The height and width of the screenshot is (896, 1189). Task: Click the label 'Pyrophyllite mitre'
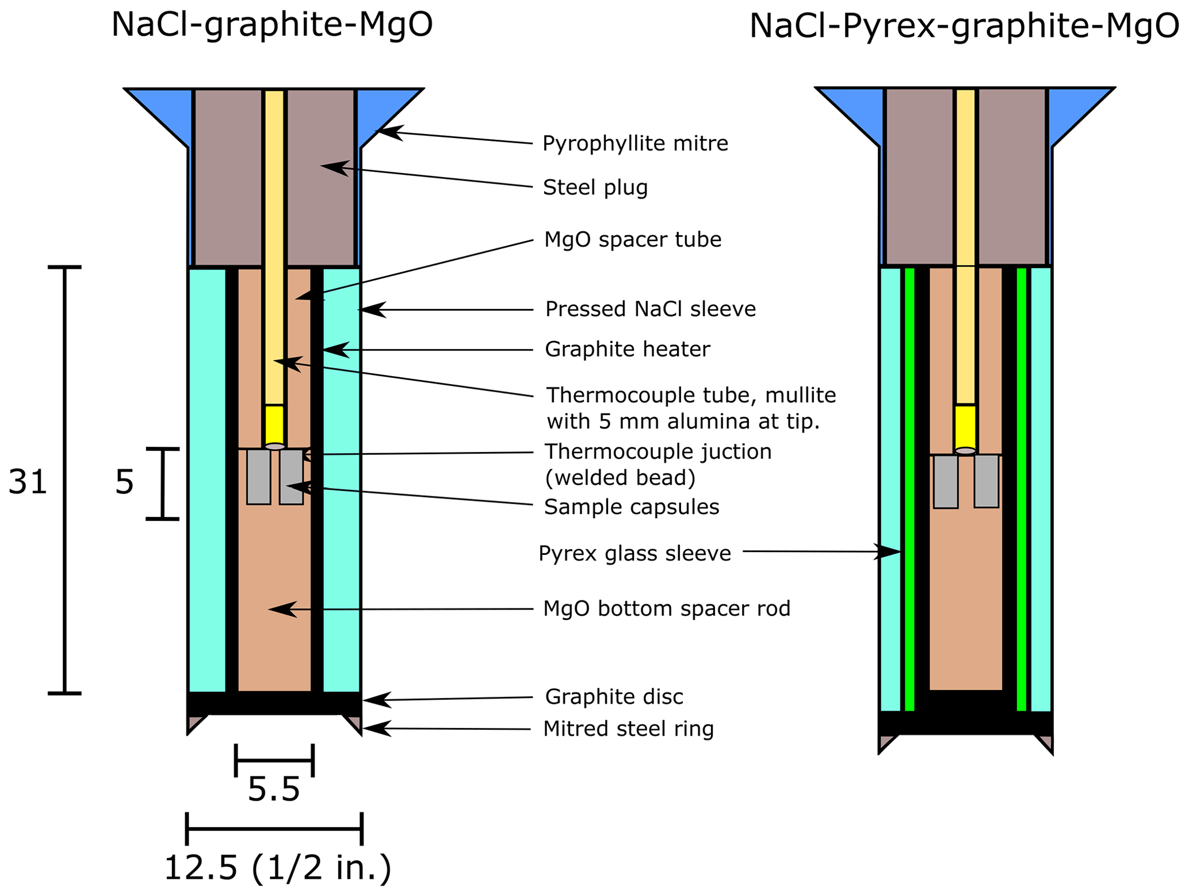click(x=634, y=143)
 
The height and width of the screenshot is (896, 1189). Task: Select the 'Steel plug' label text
click(x=595, y=187)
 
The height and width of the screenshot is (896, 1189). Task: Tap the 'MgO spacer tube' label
click(x=632, y=239)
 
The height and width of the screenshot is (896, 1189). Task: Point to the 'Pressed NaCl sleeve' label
click(x=650, y=309)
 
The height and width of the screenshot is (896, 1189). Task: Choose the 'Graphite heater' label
click(x=627, y=349)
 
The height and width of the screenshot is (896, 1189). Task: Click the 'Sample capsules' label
click(x=631, y=507)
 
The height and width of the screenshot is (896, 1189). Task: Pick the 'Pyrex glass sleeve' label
click(x=634, y=553)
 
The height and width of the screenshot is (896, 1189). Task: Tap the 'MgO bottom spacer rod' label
click(x=666, y=608)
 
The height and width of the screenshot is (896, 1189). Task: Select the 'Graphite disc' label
click(x=614, y=696)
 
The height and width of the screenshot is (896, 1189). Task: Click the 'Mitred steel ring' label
click(x=628, y=729)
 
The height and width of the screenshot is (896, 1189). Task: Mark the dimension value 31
click(x=27, y=481)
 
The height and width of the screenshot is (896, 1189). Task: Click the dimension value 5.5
click(x=273, y=789)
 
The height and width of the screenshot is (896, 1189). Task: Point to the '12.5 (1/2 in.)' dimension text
click(x=277, y=867)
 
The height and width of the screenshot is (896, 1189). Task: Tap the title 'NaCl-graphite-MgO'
click(x=272, y=25)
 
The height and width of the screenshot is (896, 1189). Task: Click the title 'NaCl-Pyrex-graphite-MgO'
click(x=964, y=26)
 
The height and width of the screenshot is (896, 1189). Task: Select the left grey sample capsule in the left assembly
click(x=258, y=477)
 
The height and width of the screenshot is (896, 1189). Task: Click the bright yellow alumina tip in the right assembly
click(x=965, y=427)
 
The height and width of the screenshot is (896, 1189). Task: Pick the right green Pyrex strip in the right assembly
click(x=1021, y=489)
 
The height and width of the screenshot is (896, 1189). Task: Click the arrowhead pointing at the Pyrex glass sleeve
click(x=889, y=552)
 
